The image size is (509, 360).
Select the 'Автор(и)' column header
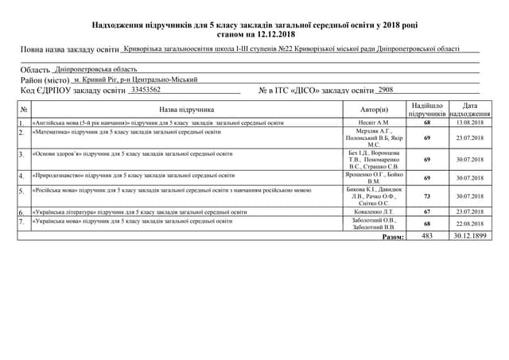(374, 110)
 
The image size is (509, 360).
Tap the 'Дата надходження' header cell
(469, 110)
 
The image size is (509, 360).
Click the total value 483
(427, 236)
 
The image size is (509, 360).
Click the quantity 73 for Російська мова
(427, 195)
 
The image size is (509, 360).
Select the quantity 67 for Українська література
(427, 213)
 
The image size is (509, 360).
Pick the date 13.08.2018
(469, 123)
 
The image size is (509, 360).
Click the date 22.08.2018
(469, 224)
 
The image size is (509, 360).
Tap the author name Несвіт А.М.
(374, 123)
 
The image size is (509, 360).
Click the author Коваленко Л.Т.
(374, 213)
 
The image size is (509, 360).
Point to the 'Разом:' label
(392, 237)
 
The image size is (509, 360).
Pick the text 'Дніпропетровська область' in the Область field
(99, 69)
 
